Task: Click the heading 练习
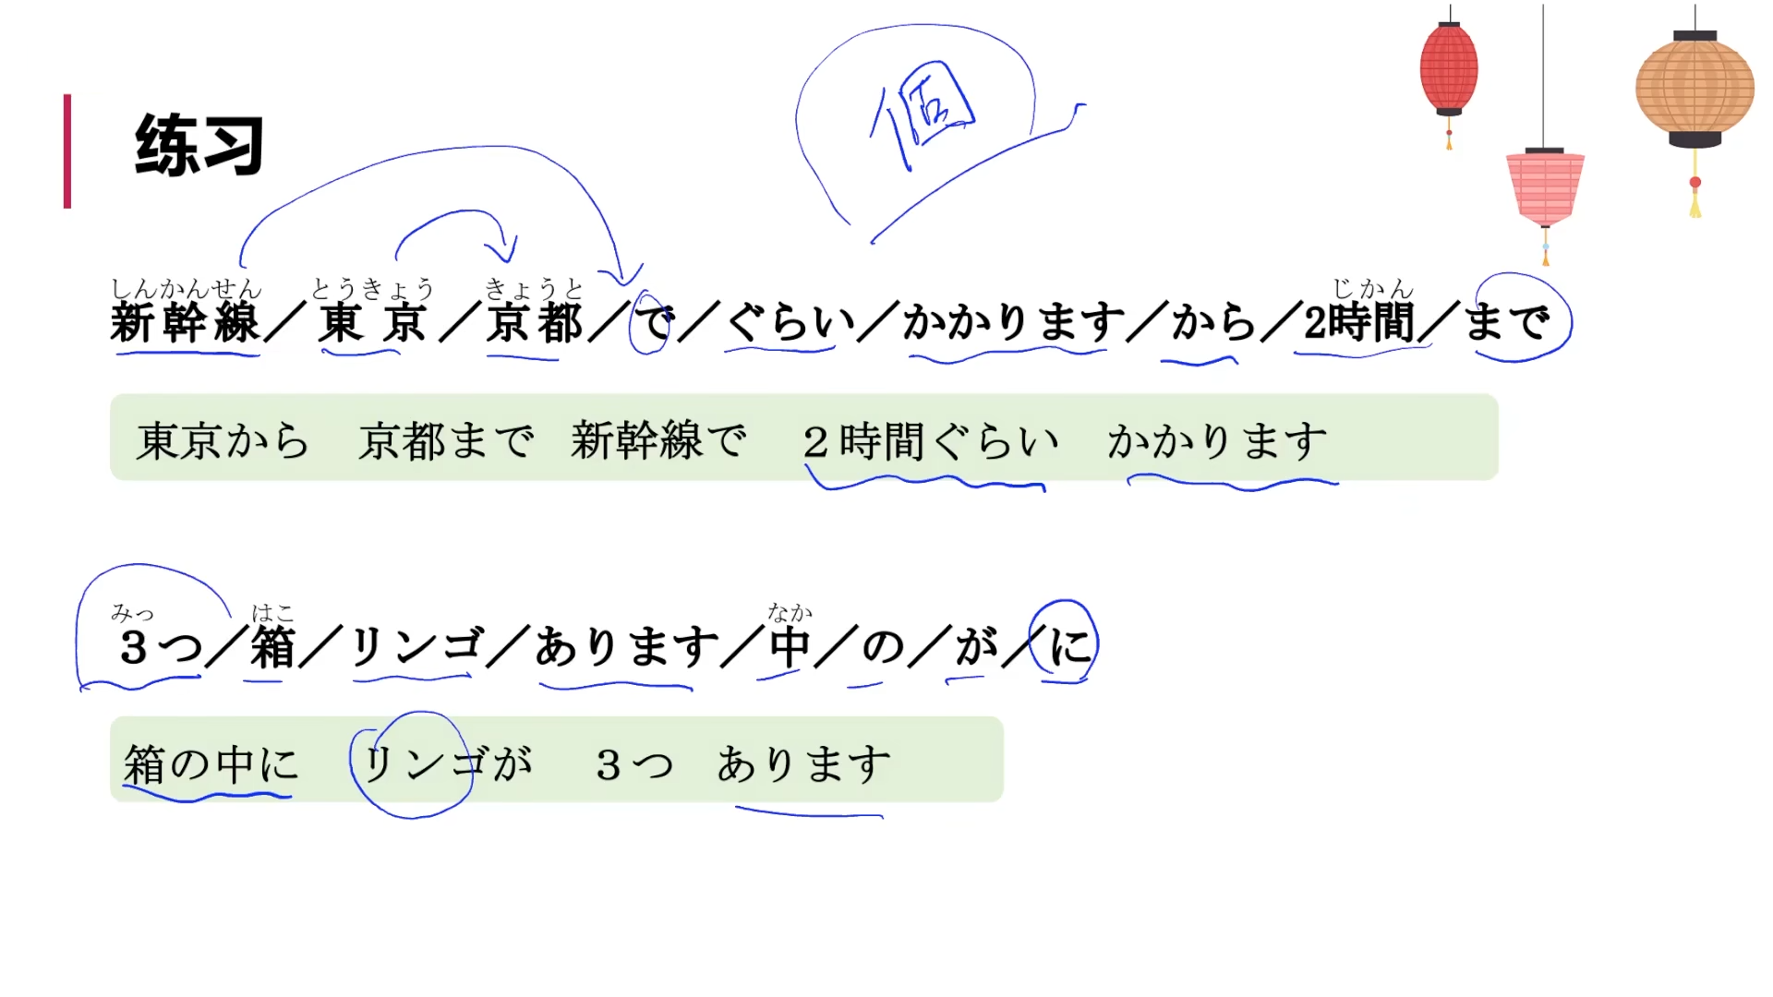coord(199,145)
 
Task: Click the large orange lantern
coord(1695,89)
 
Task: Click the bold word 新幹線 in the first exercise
coord(185,323)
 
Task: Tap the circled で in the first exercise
coord(653,322)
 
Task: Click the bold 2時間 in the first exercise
coord(1358,322)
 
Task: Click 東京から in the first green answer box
coord(223,440)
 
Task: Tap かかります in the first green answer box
coord(1217,440)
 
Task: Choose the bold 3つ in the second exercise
coord(160,646)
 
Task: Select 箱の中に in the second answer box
coord(211,764)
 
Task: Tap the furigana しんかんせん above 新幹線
coord(186,290)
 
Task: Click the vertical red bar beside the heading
coord(67,150)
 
